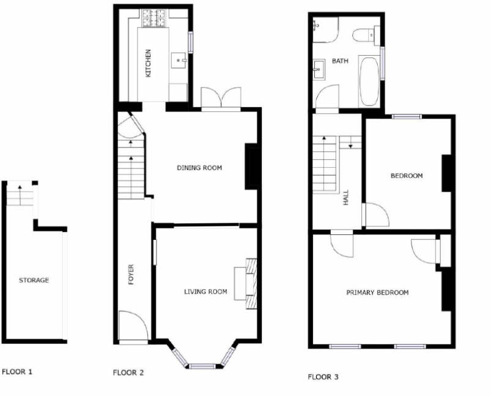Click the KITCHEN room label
point(147,63)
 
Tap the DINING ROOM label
point(199,168)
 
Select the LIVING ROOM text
point(205,291)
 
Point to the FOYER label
point(130,275)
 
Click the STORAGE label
point(34,280)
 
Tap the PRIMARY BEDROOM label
point(377,293)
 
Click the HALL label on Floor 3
point(346,197)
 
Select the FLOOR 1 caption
point(17,371)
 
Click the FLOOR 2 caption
point(128,372)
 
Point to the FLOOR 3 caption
point(323,377)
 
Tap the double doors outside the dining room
point(221,99)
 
